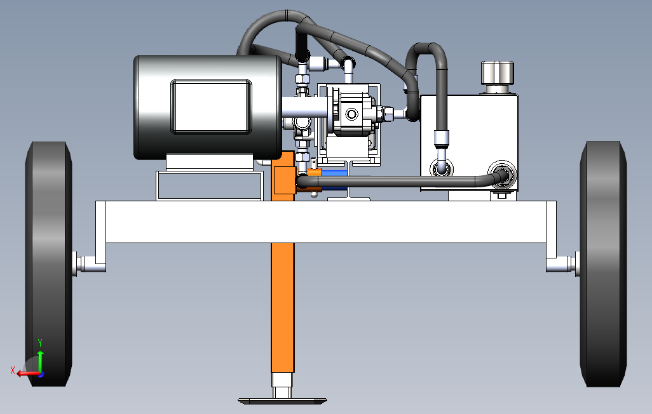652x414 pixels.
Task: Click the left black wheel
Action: click(x=48, y=264)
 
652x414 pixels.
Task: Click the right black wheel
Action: click(x=604, y=264)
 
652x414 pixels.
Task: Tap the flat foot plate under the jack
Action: click(x=282, y=401)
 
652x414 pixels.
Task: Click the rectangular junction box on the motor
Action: click(x=211, y=106)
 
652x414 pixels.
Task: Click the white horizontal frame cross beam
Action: click(x=324, y=222)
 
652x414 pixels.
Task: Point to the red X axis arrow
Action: click(x=25, y=373)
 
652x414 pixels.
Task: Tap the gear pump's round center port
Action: click(x=351, y=115)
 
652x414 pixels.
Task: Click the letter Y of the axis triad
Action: click(x=40, y=343)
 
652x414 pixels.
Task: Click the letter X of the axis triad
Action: click(x=13, y=370)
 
